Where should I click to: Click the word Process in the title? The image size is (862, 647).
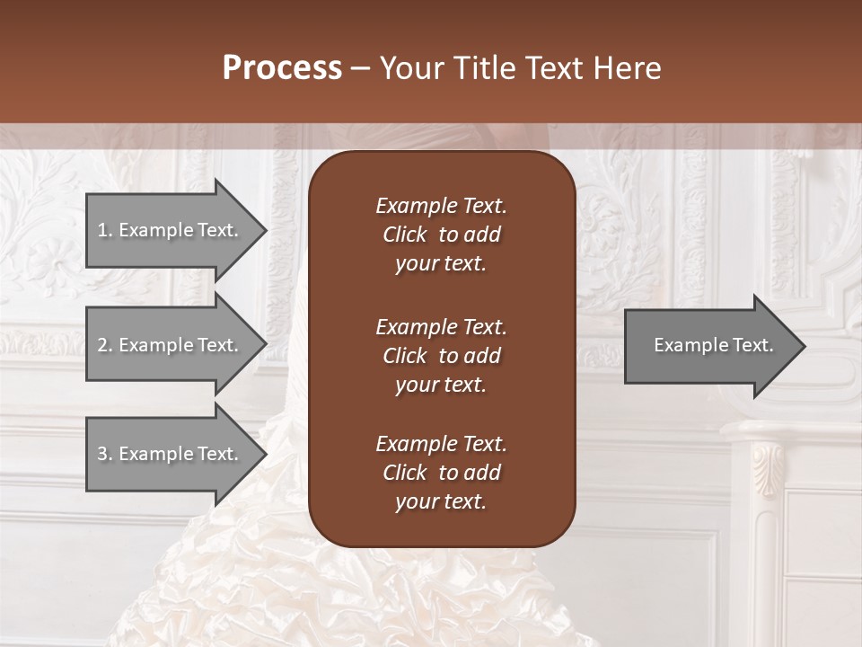[282, 68]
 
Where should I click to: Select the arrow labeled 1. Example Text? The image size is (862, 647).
[171, 230]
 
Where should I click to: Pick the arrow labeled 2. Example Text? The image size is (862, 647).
[171, 345]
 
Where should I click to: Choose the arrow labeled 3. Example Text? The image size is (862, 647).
[171, 454]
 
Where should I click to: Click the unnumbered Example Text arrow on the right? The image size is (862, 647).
[713, 345]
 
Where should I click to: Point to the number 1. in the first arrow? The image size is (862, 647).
[105, 230]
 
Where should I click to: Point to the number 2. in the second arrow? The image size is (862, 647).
[105, 345]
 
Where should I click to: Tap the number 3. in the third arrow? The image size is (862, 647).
[105, 454]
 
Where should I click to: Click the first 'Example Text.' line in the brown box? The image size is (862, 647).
[441, 206]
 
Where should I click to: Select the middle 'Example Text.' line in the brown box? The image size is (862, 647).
[441, 327]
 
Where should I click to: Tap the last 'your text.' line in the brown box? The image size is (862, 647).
[441, 502]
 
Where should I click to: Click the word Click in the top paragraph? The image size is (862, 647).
[404, 235]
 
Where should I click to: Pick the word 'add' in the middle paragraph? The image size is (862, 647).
[482, 356]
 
